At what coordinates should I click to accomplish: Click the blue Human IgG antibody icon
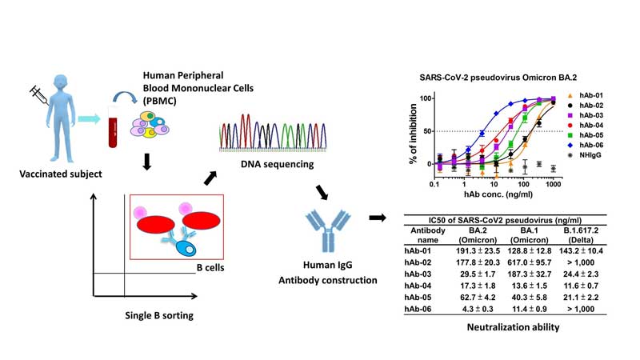[x=326, y=229]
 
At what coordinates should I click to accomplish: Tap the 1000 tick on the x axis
[x=552, y=185]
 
